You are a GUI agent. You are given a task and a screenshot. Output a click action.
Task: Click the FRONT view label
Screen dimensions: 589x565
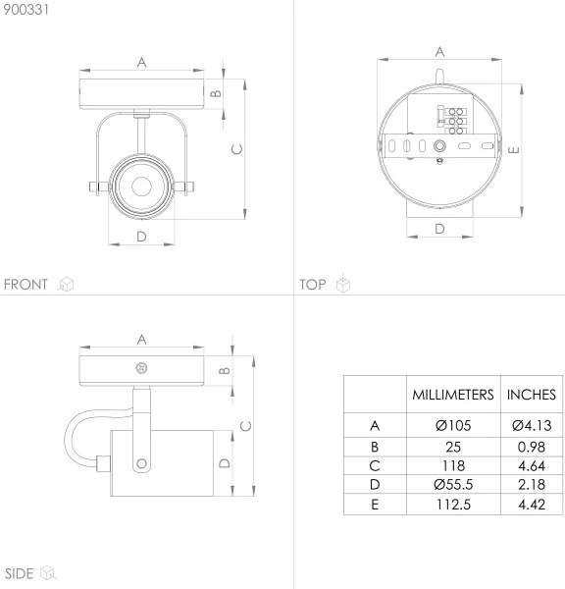(x=26, y=285)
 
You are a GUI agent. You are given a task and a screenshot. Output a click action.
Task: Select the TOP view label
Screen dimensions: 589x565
(x=313, y=285)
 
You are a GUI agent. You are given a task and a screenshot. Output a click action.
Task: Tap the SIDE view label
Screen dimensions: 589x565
(x=20, y=572)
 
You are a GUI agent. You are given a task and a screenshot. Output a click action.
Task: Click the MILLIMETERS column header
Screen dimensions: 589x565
(x=451, y=395)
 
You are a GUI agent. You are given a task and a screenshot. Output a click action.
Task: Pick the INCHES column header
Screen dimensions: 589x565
(x=531, y=395)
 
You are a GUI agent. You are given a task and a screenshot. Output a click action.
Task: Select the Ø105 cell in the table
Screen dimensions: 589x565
(x=451, y=426)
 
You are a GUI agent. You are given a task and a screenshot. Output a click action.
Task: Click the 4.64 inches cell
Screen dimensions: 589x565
(x=531, y=465)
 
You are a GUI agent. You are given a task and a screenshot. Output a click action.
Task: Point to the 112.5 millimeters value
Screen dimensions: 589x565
(x=451, y=505)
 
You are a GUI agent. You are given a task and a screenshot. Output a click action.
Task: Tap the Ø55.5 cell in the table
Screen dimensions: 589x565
(x=451, y=485)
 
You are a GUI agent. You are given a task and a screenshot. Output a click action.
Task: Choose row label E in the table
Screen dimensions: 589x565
(x=374, y=505)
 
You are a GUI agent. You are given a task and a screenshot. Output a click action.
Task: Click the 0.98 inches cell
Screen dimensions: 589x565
(x=531, y=446)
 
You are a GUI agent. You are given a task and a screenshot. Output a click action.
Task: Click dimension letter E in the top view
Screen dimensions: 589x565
(x=513, y=149)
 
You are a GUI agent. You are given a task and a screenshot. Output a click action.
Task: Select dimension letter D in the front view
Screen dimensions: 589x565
(x=141, y=237)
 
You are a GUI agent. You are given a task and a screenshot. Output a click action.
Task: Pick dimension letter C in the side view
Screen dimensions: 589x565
(x=246, y=425)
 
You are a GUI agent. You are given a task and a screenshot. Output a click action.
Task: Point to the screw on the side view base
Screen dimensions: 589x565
(x=140, y=370)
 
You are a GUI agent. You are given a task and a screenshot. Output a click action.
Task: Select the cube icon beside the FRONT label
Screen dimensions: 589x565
(x=66, y=285)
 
